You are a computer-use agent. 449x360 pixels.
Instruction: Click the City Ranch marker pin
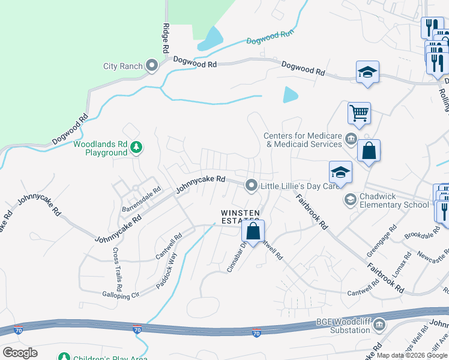152,66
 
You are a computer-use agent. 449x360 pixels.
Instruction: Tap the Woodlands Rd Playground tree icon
137,147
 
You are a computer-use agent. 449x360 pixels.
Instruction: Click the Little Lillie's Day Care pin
252,185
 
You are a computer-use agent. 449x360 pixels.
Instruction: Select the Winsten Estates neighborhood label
240,217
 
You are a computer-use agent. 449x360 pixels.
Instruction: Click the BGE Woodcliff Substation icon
379,326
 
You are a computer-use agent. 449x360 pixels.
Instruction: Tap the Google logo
20,353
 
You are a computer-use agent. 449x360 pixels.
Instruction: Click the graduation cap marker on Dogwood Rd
367,73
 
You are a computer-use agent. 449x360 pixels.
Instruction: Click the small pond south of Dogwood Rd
291,95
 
